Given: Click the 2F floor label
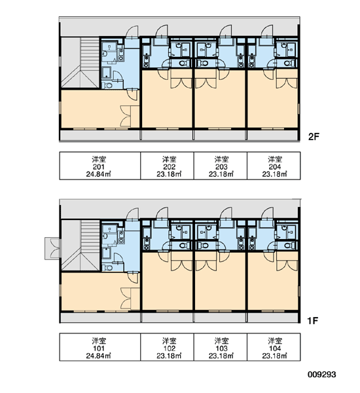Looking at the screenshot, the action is click(x=314, y=137).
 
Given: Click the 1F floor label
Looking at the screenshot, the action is click(x=313, y=320).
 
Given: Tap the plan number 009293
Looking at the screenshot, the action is click(x=321, y=375).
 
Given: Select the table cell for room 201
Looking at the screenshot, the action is click(x=100, y=166).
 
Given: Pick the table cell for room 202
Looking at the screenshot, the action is click(x=167, y=166).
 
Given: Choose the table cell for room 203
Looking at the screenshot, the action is click(x=221, y=166).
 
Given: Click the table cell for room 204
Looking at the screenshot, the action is click(x=274, y=166).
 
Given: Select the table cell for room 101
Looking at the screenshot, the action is click(x=100, y=347).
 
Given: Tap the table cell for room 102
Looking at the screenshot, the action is click(x=167, y=347).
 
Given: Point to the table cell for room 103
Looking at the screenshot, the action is click(x=221, y=347).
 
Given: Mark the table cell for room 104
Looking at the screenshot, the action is click(x=274, y=347).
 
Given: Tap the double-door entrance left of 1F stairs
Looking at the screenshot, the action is click(x=52, y=249).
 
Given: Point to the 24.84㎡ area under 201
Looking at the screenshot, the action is click(x=99, y=174).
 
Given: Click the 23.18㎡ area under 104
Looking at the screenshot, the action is click(x=274, y=356).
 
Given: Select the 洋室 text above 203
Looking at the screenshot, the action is click(x=221, y=159).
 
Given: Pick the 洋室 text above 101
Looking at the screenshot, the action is click(x=99, y=341).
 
